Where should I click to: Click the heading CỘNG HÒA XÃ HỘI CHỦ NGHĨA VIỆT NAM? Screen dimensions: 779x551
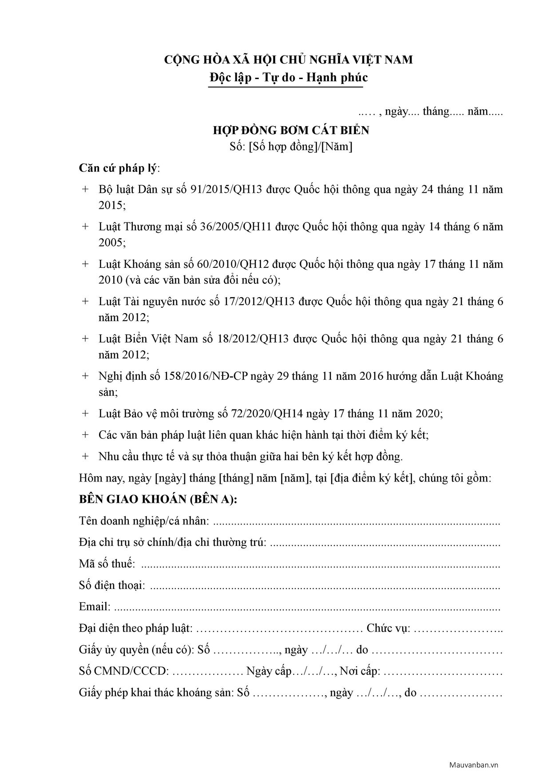point(289,60)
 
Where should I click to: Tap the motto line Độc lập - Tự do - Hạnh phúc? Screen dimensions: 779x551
point(289,78)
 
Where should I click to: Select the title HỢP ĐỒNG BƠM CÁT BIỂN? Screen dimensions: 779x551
point(291,130)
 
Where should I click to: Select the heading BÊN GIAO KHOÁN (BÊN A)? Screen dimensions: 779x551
point(158,499)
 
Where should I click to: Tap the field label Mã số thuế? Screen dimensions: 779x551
point(107,564)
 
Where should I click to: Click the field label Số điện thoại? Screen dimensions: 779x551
point(112,585)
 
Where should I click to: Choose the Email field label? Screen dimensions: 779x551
point(95,607)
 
